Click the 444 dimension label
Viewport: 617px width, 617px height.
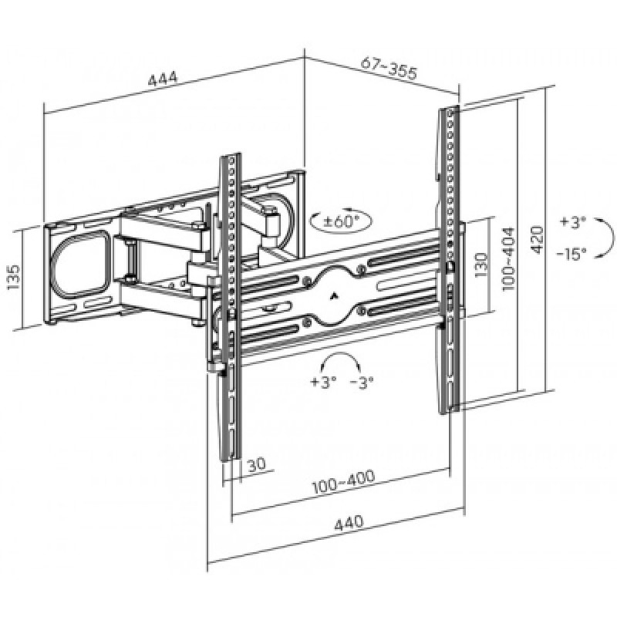(163, 79)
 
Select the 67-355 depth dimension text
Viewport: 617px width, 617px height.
(389, 68)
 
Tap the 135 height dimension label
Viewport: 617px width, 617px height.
(13, 277)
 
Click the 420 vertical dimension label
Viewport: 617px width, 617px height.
(537, 240)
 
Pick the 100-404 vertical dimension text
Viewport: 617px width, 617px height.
(508, 258)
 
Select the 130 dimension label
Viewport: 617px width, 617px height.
(480, 265)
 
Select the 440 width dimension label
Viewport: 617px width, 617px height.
(349, 524)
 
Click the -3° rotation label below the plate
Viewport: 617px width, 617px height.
(361, 382)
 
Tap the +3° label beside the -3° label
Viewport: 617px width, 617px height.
(323, 382)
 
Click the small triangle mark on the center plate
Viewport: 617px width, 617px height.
(334, 294)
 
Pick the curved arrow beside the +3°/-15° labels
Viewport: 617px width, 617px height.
(605, 238)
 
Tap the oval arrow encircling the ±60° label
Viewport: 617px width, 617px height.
(341, 221)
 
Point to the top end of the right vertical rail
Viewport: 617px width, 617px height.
(449, 108)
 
